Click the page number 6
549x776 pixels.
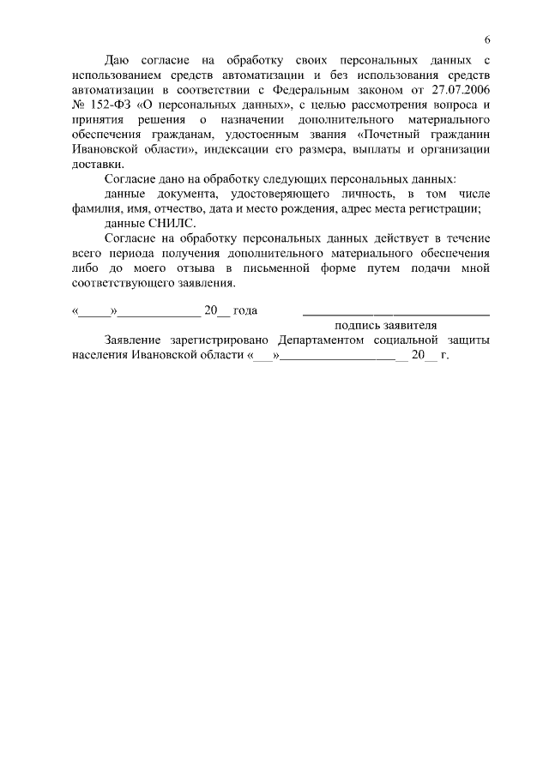[487, 39]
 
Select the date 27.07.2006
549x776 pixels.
[461, 88]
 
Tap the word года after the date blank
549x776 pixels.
[245, 310]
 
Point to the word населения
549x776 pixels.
[100, 355]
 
